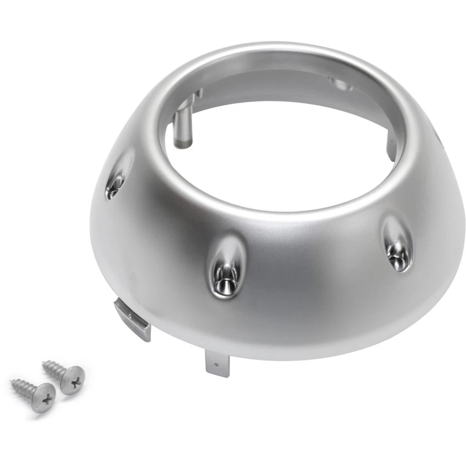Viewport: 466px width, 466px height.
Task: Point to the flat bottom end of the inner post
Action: (x=183, y=145)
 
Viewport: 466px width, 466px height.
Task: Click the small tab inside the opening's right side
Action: (x=391, y=148)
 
